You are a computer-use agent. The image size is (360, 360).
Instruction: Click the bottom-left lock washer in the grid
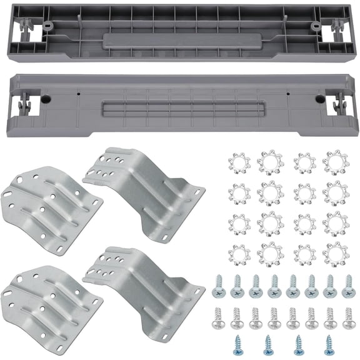(x=240, y=254)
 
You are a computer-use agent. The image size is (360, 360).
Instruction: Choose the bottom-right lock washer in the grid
(x=336, y=252)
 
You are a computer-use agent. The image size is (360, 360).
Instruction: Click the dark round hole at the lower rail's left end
(x=46, y=99)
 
